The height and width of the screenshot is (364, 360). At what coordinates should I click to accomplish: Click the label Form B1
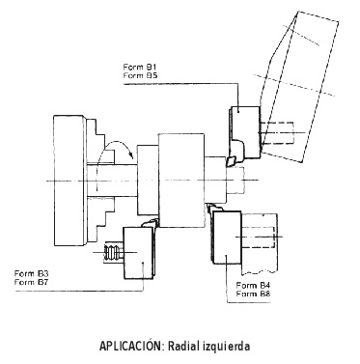pos(140,67)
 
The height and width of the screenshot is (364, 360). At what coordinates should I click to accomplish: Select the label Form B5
pos(140,75)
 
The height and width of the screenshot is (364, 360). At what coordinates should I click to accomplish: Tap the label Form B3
pos(31,273)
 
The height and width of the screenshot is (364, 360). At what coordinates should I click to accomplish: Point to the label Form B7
pos(31,282)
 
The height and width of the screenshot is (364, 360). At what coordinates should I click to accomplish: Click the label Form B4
pos(253,285)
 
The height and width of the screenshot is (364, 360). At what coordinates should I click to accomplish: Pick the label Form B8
pos(253,294)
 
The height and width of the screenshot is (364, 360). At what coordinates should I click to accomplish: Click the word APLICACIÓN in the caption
pos(131,347)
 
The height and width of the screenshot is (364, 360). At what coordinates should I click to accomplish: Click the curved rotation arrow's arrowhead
pos(130,154)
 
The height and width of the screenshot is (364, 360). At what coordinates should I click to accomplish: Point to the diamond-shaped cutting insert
pos(231,161)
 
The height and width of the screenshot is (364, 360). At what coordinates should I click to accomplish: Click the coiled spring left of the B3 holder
pos(113,252)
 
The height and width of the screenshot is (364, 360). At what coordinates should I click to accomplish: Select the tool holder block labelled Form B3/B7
pos(138,253)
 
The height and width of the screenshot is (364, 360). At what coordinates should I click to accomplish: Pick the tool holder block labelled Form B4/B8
pos(227,238)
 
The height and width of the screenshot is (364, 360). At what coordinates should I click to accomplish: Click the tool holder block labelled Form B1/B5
pos(245,132)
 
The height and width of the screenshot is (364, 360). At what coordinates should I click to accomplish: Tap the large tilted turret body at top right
pos(299,87)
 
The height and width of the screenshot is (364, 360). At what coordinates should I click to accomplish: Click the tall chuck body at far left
pos(69,181)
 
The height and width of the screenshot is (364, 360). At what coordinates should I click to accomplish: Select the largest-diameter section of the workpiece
pos(181,181)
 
